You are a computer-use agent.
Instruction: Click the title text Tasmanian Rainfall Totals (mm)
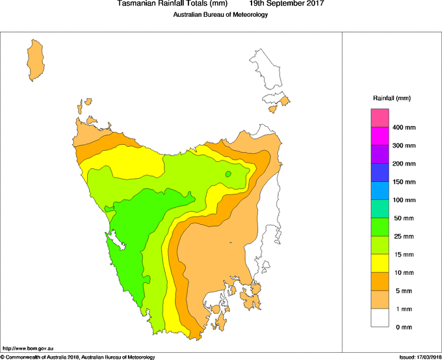(172, 4)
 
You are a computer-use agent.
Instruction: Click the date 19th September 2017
(287, 4)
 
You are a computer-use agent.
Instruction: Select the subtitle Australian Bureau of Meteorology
(220, 15)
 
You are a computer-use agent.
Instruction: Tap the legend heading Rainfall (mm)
(391, 98)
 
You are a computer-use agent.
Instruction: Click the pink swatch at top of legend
(380, 118)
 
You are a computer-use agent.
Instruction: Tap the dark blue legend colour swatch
(380, 173)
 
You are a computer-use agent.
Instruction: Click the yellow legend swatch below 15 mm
(380, 263)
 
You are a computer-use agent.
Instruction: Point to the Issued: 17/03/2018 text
(420, 357)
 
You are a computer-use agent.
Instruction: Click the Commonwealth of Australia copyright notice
(78, 357)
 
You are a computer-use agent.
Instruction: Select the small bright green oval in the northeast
(228, 174)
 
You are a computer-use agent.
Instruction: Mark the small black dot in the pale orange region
(229, 243)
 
